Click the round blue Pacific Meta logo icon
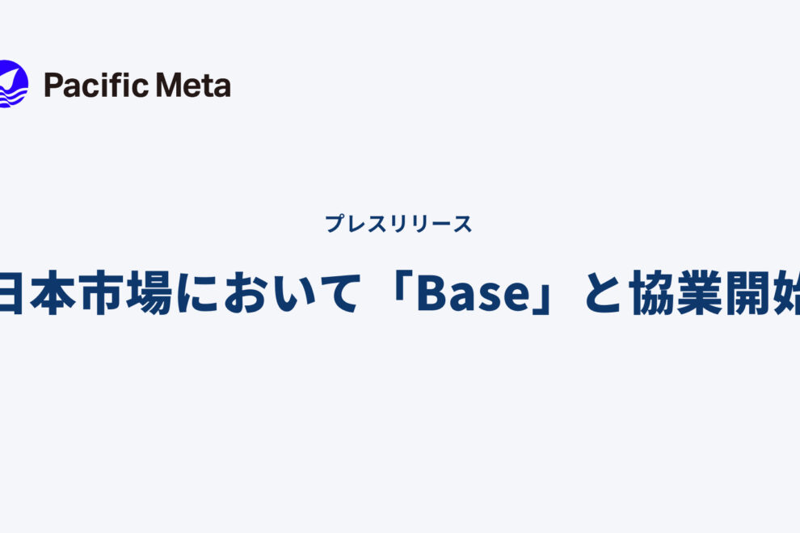[x=12, y=85]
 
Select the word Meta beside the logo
[x=196, y=85]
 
